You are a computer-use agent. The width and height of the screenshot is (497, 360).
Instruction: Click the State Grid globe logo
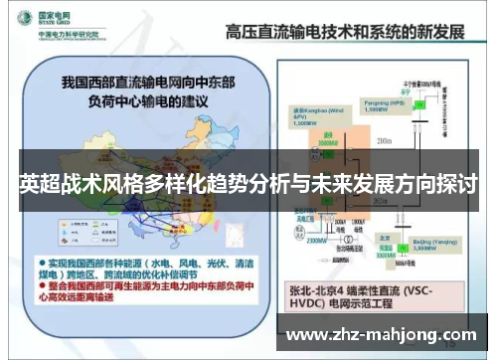[18, 20]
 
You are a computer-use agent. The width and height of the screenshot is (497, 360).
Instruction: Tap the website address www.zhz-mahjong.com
[389, 334]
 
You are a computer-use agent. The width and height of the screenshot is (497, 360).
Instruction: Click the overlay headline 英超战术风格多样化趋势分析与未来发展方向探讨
[248, 184]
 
